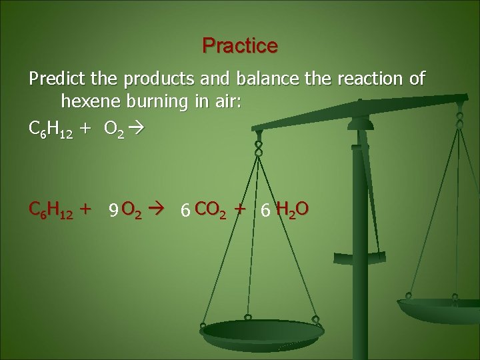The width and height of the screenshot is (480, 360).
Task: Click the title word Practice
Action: [240, 46]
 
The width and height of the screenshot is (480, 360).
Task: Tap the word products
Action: [154, 79]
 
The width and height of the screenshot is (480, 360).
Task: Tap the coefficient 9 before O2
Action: [114, 211]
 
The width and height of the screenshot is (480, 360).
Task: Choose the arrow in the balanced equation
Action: [161, 210]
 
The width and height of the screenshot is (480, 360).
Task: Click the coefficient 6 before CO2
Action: [185, 211]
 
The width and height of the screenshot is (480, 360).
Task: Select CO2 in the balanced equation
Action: [211, 210]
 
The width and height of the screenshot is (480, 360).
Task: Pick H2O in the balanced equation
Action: [292, 210]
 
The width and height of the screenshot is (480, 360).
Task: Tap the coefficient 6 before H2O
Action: [265, 211]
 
